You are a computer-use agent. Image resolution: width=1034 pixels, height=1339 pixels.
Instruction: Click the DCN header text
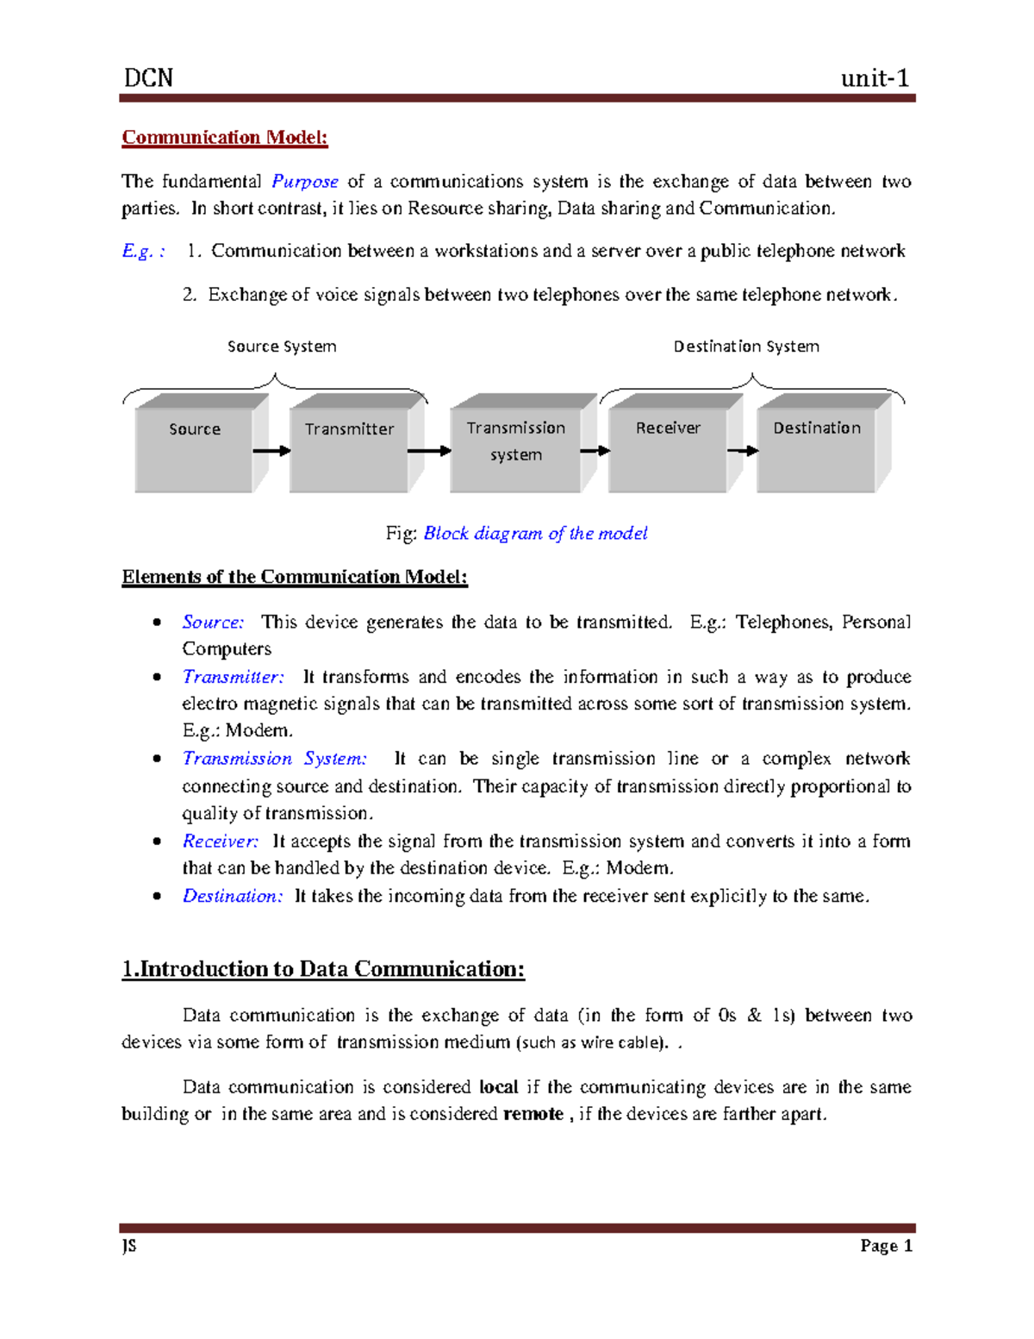point(148,78)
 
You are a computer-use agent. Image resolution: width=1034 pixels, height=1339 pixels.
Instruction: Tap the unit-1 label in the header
point(875,78)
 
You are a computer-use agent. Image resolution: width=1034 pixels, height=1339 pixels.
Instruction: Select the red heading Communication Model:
point(225,138)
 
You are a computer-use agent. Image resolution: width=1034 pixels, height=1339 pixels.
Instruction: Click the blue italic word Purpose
point(305,182)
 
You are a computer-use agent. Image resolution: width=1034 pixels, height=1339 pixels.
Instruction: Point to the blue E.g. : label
point(143,251)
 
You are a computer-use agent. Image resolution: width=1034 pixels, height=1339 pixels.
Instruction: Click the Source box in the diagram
point(195,448)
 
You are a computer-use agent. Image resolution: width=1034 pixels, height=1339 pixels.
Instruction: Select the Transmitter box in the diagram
point(349,448)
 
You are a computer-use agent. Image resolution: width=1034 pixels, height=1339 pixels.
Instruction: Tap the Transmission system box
point(516,448)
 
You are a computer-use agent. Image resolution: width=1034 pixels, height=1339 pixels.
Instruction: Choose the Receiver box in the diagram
point(668,448)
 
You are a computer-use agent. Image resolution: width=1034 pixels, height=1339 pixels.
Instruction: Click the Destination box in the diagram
point(817,448)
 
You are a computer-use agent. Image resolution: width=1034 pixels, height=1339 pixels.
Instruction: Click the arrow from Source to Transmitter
point(271,451)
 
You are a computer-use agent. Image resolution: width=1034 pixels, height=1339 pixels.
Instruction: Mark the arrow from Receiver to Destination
point(743,451)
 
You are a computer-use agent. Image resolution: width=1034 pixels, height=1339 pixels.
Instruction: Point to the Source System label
point(282,347)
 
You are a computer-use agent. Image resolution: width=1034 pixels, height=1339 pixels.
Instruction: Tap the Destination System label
point(746,347)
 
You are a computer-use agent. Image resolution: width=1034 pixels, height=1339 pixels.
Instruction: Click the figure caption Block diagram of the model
point(535,534)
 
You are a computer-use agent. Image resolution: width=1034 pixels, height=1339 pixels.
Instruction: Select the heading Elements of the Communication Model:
point(295,577)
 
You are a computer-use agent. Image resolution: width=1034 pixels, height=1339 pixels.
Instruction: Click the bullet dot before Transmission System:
point(157,759)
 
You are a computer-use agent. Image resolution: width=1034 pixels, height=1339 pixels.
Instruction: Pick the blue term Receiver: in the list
point(221,842)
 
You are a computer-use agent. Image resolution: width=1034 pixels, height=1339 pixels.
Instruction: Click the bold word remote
point(533,1114)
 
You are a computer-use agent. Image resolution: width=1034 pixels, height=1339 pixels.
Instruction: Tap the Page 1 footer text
point(886,1246)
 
